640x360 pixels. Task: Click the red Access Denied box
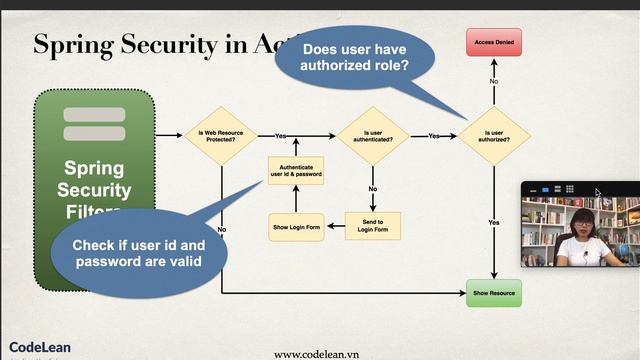pyautogui.click(x=494, y=43)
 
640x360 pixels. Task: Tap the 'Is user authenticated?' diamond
pyautogui.click(x=373, y=135)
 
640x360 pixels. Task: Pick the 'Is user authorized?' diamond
pyautogui.click(x=494, y=135)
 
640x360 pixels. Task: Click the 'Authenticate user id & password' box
pyautogui.click(x=295, y=171)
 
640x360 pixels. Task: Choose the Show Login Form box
pyautogui.click(x=295, y=227)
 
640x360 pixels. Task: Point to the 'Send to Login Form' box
pyautogui.click(x=373, y=226)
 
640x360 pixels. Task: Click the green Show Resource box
pyautogui.click(x=494, y=293)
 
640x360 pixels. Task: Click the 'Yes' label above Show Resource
pyautogui.click(x=494, y=221)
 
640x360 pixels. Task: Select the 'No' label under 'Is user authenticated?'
pyautogui.click(x=373, y=188)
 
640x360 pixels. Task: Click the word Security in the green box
pyautogui.click(x=97, y=190)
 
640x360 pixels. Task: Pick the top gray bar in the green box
pyautogui.click(x=94, y=114)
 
